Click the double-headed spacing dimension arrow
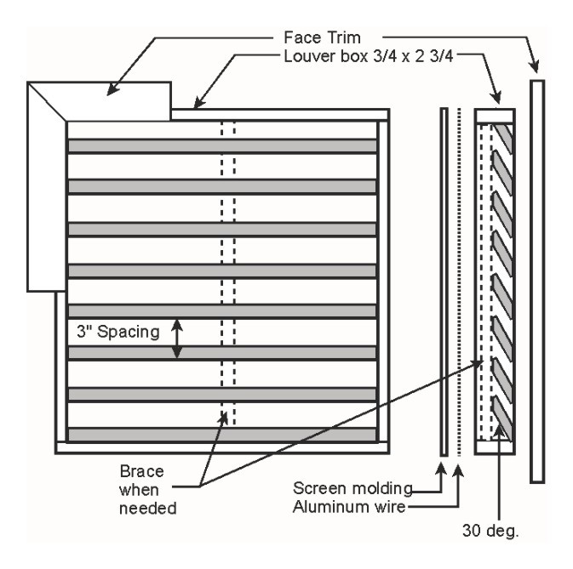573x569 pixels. pyautogui.click(x=178, y=339)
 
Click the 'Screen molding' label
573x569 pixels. pyautogui.click(x=353, y=489)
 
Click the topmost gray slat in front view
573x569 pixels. pyautogui.click(x=222, y=145)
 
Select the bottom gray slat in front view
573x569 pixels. pyautogui.click(x=222, y=434)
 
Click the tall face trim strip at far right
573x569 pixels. pyautogui.click(x=536, y=281)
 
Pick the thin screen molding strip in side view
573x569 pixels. pyautogui.click(x=444, y=281)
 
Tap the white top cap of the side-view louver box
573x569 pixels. pyautogui.click(x=493, y=116)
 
